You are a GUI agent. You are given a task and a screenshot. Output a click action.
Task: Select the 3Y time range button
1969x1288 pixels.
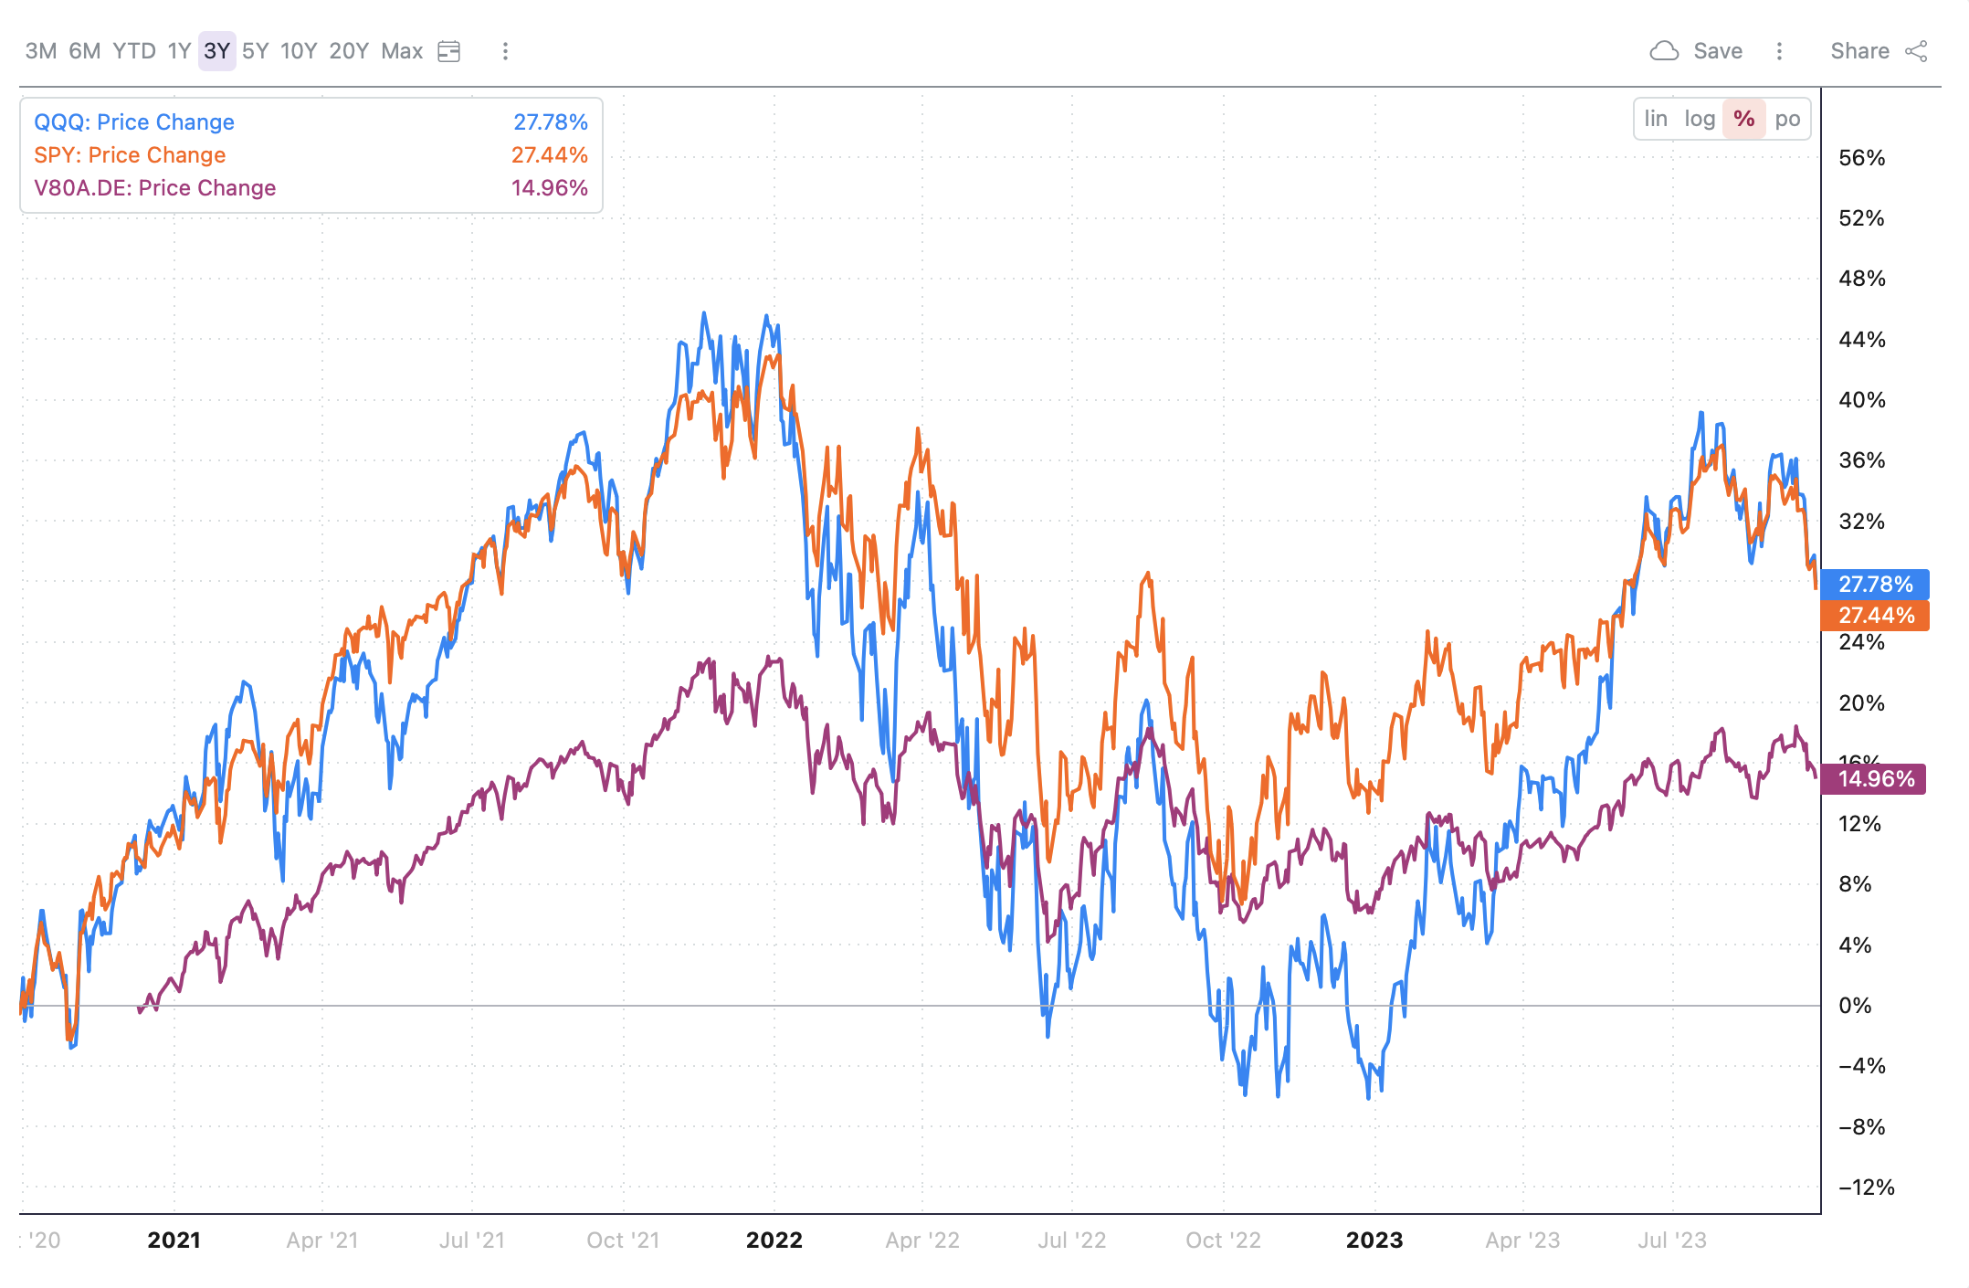pyautogui.click(x=216, y=51)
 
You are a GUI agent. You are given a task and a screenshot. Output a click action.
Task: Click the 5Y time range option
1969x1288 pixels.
pyautogui.click(x=256, y=51)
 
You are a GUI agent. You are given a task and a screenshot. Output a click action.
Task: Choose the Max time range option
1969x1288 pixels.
pyautogui.click(x=402, y=51)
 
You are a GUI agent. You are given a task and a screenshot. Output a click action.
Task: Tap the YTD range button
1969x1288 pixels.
pyautogui.click(x=134, y=51)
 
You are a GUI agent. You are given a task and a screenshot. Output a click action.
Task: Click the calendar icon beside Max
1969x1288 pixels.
pyautogui.click(x=449, y=51)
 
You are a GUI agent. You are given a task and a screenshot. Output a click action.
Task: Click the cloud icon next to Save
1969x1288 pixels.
pyautogui.click(x=1664, y=51)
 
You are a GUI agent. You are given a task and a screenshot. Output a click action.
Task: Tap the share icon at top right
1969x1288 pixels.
pyautogui.click(x=1916, y=51)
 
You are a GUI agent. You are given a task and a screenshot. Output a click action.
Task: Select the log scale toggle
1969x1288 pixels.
pyautogui.click(x=1700, y=119)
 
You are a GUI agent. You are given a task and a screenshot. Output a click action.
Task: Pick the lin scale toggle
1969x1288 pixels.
pyautogui.click(x=1656, y=119)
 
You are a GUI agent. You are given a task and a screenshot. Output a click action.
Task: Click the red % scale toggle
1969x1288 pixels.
pyautogui.click(x=1743, y=119)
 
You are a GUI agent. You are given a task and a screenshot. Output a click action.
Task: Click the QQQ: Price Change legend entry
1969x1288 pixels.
pyautogui.click(x=134, y=122)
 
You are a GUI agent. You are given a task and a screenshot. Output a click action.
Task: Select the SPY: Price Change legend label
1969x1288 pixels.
pyautogui.click(x=130, y=155)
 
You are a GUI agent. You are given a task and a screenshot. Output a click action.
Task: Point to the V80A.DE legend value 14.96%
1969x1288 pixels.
pyautogui.click(x=549, y=188)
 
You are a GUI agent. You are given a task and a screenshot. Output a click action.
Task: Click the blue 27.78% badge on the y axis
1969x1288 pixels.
pyautogui.click(x=1875, y=584)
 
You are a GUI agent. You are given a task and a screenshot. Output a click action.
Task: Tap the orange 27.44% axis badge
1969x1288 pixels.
pyautogui.click(x=1875, y=616)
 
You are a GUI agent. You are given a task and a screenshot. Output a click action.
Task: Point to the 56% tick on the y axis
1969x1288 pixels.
pyautogui.click(x=1861, y=158)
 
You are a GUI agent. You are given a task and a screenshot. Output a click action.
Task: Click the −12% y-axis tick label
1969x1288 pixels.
pyautogui.click(x=1866, y=1188)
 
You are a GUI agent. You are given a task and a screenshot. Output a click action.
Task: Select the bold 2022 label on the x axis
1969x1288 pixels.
pyautogui.click(x=774, y=1240)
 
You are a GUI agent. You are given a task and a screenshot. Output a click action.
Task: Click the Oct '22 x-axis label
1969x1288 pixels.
pyautogui.click(x=1223, y=1240)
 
